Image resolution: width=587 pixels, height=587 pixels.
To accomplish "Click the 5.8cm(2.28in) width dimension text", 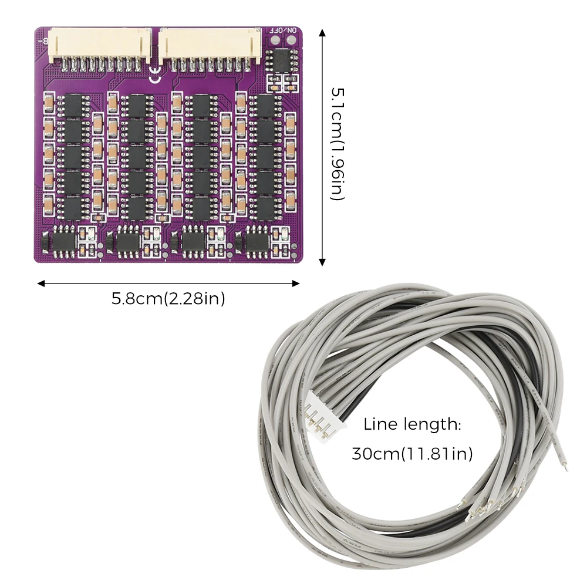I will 168,299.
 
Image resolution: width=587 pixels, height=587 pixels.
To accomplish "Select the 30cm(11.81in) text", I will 412,454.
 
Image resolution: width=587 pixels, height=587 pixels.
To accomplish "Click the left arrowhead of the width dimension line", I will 41,284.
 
